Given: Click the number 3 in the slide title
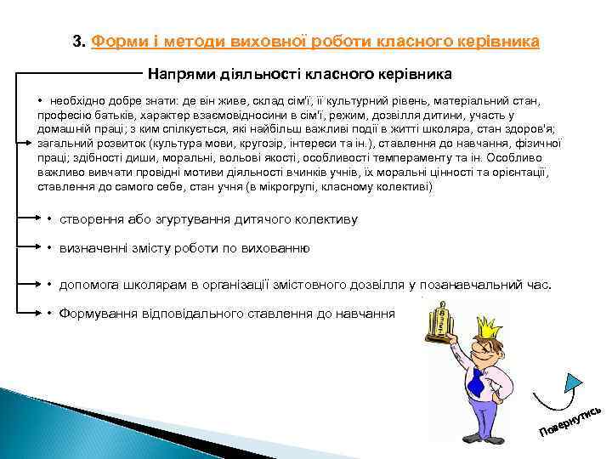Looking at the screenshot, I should (77, 42).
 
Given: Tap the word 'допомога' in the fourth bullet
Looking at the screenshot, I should (86, 285).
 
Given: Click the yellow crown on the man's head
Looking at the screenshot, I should (489, 326).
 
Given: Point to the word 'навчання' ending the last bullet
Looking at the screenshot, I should (369, 314).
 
